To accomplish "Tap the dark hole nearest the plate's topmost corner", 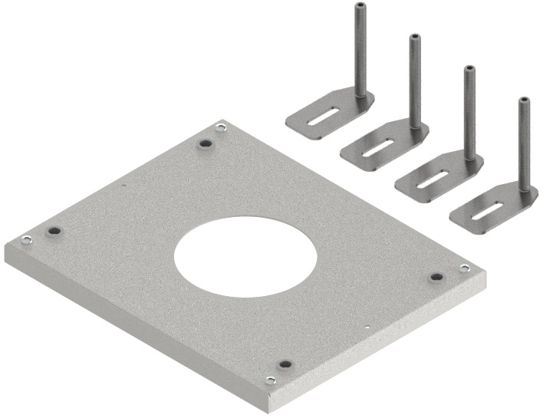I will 205,143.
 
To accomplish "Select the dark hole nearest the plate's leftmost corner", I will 53,230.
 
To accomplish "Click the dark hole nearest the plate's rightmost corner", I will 436,277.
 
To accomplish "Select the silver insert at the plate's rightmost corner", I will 464,268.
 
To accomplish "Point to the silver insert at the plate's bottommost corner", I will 270,380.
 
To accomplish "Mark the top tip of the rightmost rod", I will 524,100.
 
